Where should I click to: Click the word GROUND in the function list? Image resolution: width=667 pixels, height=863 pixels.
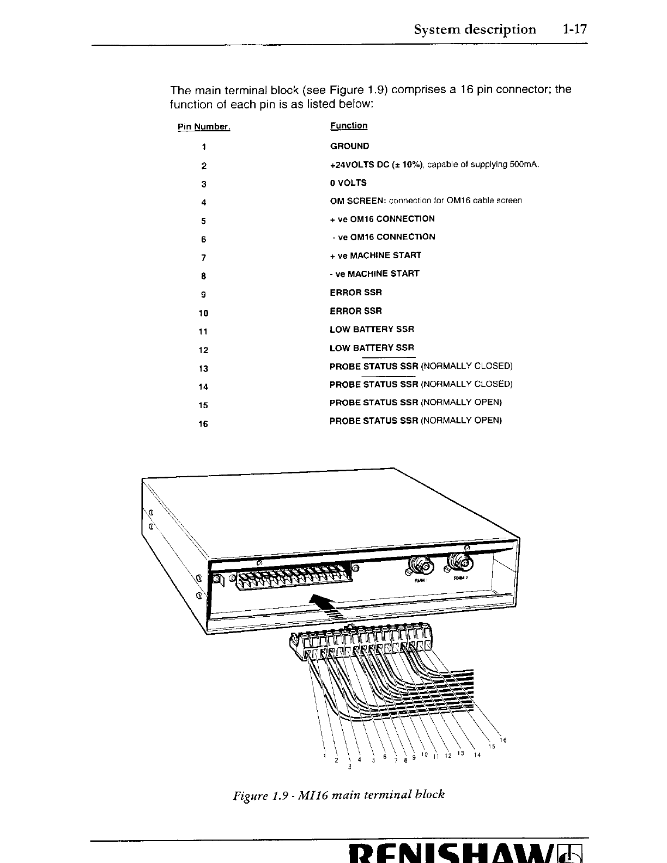(349, 146)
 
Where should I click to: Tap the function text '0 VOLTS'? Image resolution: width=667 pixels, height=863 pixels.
(348, 183)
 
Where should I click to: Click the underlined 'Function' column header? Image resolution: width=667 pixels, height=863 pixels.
(349, 126)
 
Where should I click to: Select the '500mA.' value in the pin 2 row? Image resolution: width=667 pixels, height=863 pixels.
(525, 165)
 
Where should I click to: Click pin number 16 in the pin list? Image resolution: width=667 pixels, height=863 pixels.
(203, 423)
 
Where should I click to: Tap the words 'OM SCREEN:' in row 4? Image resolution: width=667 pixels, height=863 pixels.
(358, 200)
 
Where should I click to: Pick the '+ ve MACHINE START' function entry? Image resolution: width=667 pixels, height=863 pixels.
(375, 255)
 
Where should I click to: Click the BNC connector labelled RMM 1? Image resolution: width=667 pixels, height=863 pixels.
(421, 567)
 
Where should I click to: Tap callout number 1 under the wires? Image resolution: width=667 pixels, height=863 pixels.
(325, 756)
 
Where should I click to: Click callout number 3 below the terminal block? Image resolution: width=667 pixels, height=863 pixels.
(349, 768)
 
